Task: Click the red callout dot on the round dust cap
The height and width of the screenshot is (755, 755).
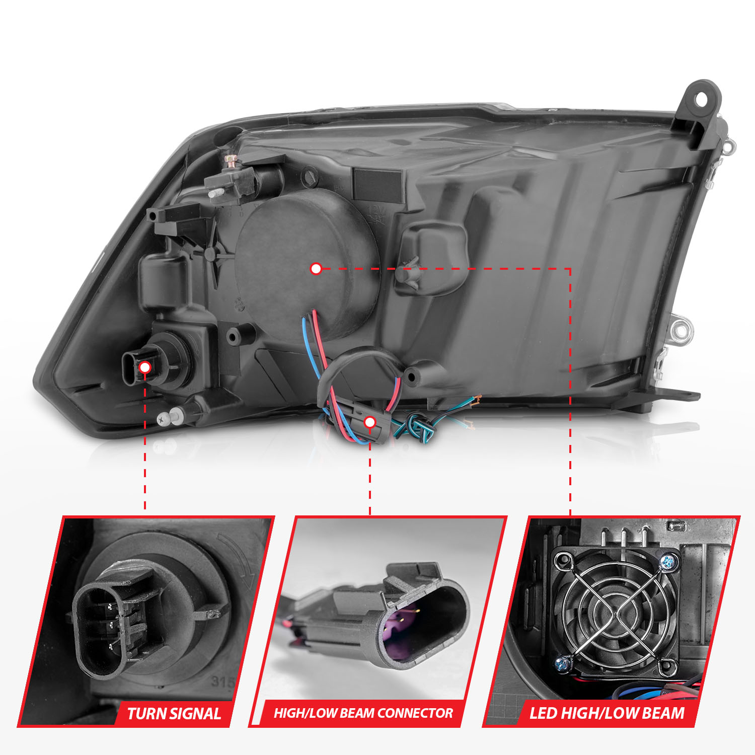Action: [316, 269]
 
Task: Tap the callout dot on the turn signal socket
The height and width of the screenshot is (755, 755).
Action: [145, 367]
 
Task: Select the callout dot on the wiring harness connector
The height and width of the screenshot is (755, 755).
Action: [370, 422]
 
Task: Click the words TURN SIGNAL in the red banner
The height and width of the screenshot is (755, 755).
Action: [174, 714]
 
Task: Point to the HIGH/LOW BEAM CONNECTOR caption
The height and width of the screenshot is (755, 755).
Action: [363, 713]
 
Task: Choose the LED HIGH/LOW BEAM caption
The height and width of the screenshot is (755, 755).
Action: [607, 713]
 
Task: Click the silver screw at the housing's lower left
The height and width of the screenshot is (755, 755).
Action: [163, 418]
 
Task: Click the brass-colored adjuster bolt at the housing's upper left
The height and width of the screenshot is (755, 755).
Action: [231, 160]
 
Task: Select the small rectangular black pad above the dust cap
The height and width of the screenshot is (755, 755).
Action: [378, 184]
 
